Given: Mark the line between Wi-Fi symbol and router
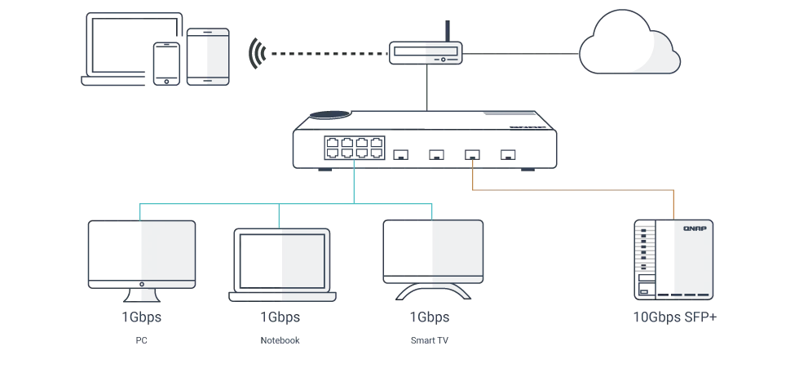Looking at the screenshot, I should tap(326, 55).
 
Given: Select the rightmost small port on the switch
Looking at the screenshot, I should tap(508, 153).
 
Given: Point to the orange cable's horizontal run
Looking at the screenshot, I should tap(571, 193).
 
